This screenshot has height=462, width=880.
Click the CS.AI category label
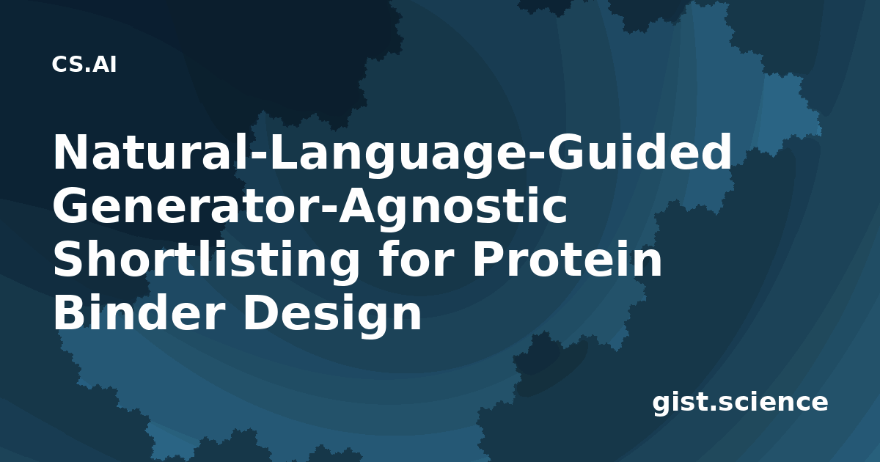(x=84, y=65)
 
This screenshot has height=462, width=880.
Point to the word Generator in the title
(x=186, y=206)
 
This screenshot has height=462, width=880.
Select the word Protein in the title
(x=568, y=260)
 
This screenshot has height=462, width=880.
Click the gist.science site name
(x=740, y=403)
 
